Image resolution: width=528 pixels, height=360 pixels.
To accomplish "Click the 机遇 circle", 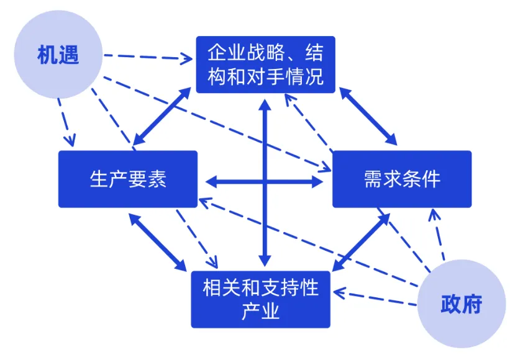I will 58,55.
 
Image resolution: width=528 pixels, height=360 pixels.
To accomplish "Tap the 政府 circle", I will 461,304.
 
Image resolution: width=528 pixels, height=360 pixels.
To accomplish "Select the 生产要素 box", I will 128,179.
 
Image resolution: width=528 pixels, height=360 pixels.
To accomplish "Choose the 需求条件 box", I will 401,179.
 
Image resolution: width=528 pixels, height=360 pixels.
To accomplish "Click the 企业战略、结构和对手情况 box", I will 265,64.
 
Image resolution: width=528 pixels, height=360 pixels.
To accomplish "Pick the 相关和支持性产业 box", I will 260,299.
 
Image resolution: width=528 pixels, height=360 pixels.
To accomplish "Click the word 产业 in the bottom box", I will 260,310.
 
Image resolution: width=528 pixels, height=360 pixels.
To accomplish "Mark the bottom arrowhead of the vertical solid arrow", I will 265,259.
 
